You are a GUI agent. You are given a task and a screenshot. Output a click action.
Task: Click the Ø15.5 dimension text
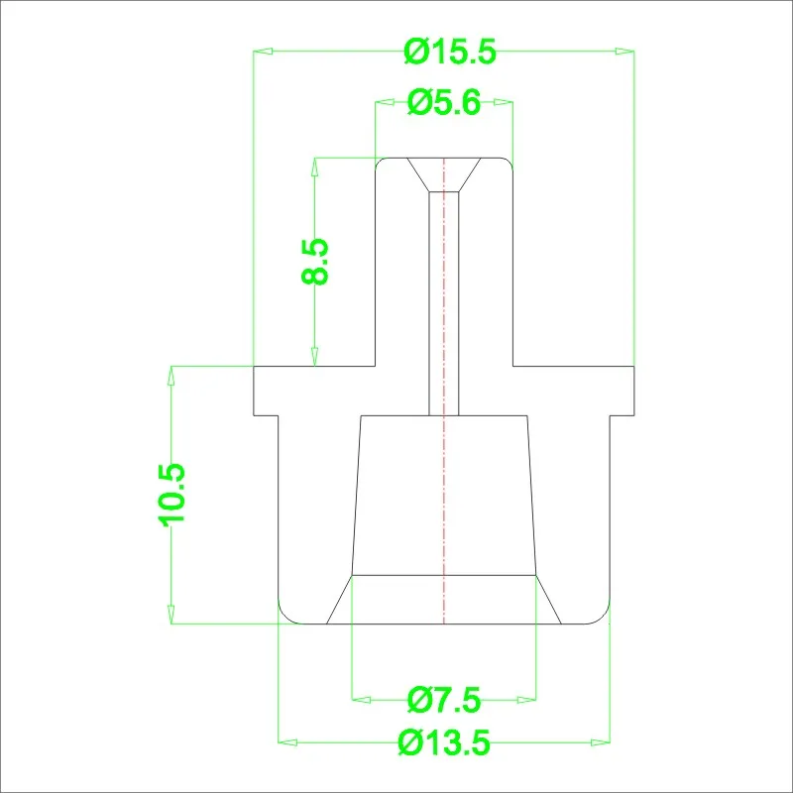click(x=449, y=51)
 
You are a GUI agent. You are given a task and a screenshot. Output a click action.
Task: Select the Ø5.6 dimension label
click(x=444, y=102)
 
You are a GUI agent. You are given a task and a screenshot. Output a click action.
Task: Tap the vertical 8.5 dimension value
click(x=315, y=262)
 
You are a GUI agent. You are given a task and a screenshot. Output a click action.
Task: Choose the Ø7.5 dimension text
click(x=444, y=701)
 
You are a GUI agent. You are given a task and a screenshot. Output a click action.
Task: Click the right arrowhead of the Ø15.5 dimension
click(x=624, y=51)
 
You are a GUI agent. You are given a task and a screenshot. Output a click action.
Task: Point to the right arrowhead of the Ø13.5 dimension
click(x=600, y=740)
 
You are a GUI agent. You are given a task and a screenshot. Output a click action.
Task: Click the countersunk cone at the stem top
click(x=444, y=173)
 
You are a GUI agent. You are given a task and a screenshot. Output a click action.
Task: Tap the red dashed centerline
click(x=445, y=496)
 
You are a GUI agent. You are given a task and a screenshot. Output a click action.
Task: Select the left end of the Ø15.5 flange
click(x=257, y=391)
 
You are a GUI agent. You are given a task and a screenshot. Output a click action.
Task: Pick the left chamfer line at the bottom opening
click(x=340, y=600)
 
